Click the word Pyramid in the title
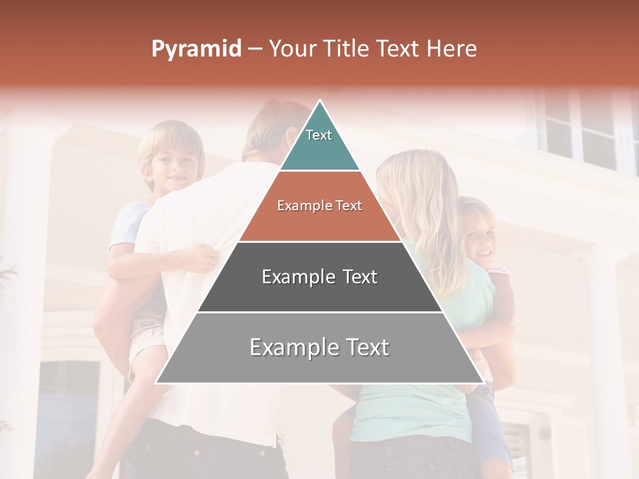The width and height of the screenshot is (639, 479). (x=196, y=49)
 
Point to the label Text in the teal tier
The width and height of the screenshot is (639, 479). (x=319, y=135)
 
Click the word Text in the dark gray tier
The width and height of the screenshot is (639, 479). (x=356, y=277)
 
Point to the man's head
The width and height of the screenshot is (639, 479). (x=270, y=130)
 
